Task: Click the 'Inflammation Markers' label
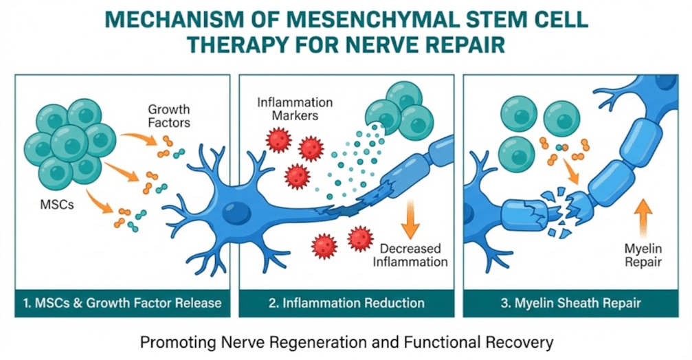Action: coord(295,109)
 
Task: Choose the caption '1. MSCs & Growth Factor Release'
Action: coord(120,302)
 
